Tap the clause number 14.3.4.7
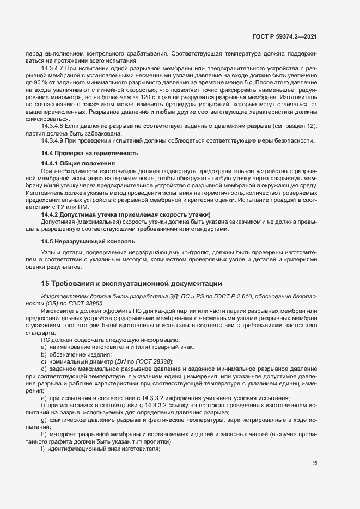53,68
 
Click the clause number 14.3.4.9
53,140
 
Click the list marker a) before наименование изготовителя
43,347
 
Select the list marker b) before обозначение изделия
43,354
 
